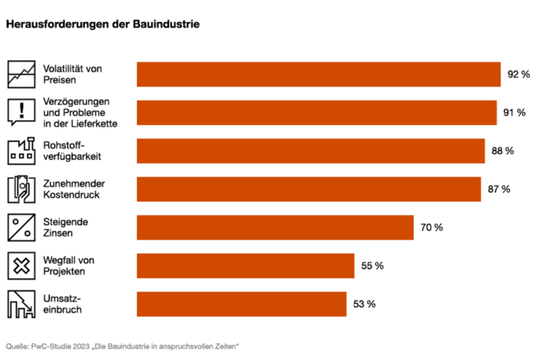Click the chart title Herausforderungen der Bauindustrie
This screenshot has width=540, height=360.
pyautogui.click(x=103, y=23)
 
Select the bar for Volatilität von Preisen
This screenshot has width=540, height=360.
pyautogui.click(x=319, y=74)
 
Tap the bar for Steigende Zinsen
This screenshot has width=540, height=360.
pyautogui.click(x=275, y=227)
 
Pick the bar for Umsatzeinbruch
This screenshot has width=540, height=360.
pyautogui.click(x=241, y=304)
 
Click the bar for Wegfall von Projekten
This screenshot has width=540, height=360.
pyautogui.click(x=245, y=265)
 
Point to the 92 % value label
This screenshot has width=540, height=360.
pyautogui.click(x=518, y=74)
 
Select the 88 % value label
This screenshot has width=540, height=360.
pyautogui.click(x=502, y=151)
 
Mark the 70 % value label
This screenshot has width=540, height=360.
pyautogui.click(x=431, y=227)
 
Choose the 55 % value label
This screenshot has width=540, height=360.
pyautogui.click(x=372, y=265)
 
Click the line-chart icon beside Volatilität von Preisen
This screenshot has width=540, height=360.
pyautogui.click(x=21, y=74)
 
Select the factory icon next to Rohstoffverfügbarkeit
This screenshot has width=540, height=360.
pyautogui.click(x=21, y=151)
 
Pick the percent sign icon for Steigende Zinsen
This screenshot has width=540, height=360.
pyautogui.click(x=21, y=227)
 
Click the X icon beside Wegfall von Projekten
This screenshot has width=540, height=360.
pyautogui.click(x=21, y=266)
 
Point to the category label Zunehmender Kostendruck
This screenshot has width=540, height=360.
pyautogui.click(x=74, y=189)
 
